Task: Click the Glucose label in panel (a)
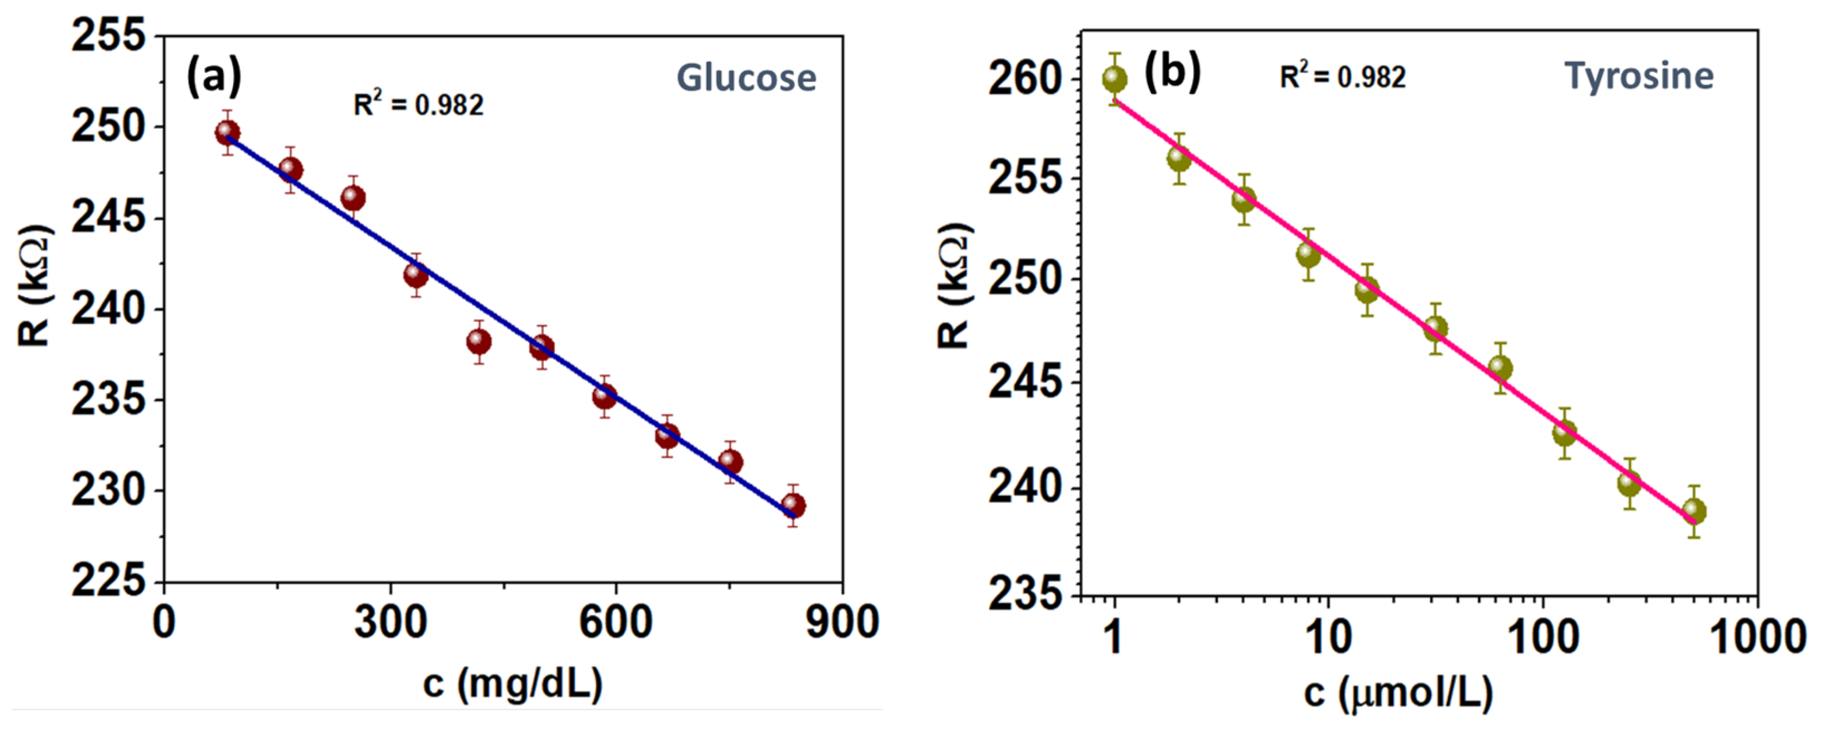[746, 78]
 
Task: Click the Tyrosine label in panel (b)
[1639, 76]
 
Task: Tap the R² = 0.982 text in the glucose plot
[418, 105]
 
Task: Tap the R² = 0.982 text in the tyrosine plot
[1343, 76]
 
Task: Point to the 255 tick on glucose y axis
[108, 35]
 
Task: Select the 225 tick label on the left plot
[108, 581]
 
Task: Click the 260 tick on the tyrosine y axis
[1025, 79]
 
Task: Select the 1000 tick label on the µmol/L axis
[1757, 636]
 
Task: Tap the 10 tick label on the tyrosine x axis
[1328, 636]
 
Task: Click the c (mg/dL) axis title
[513, 684]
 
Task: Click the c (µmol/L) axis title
[1398, 693]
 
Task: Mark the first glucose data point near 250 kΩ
[227, 132]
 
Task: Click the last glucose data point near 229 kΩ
[793, 506]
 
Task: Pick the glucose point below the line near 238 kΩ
[479, 342]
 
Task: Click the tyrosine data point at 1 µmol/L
[1114, 79]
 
